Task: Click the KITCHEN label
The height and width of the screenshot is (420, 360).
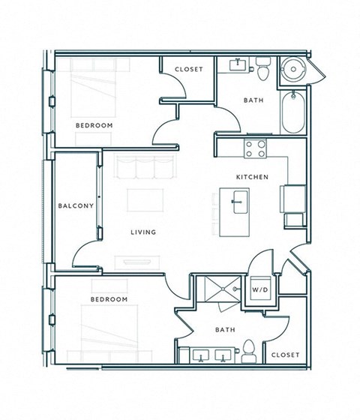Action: click(253, 178)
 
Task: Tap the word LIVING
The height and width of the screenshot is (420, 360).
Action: click(143, 232)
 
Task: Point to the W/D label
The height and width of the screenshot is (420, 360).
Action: click(260, 288)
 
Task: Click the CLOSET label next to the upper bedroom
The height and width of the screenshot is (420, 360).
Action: click(188, 70)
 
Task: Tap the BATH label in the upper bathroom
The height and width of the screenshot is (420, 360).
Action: click(253, 100)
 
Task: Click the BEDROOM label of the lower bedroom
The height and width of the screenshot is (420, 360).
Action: click(109, 299)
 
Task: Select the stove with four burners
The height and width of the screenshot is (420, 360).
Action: click(256, 148)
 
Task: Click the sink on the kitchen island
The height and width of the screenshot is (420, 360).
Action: click(241, 201)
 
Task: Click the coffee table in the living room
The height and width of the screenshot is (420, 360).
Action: click(145, 200)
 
